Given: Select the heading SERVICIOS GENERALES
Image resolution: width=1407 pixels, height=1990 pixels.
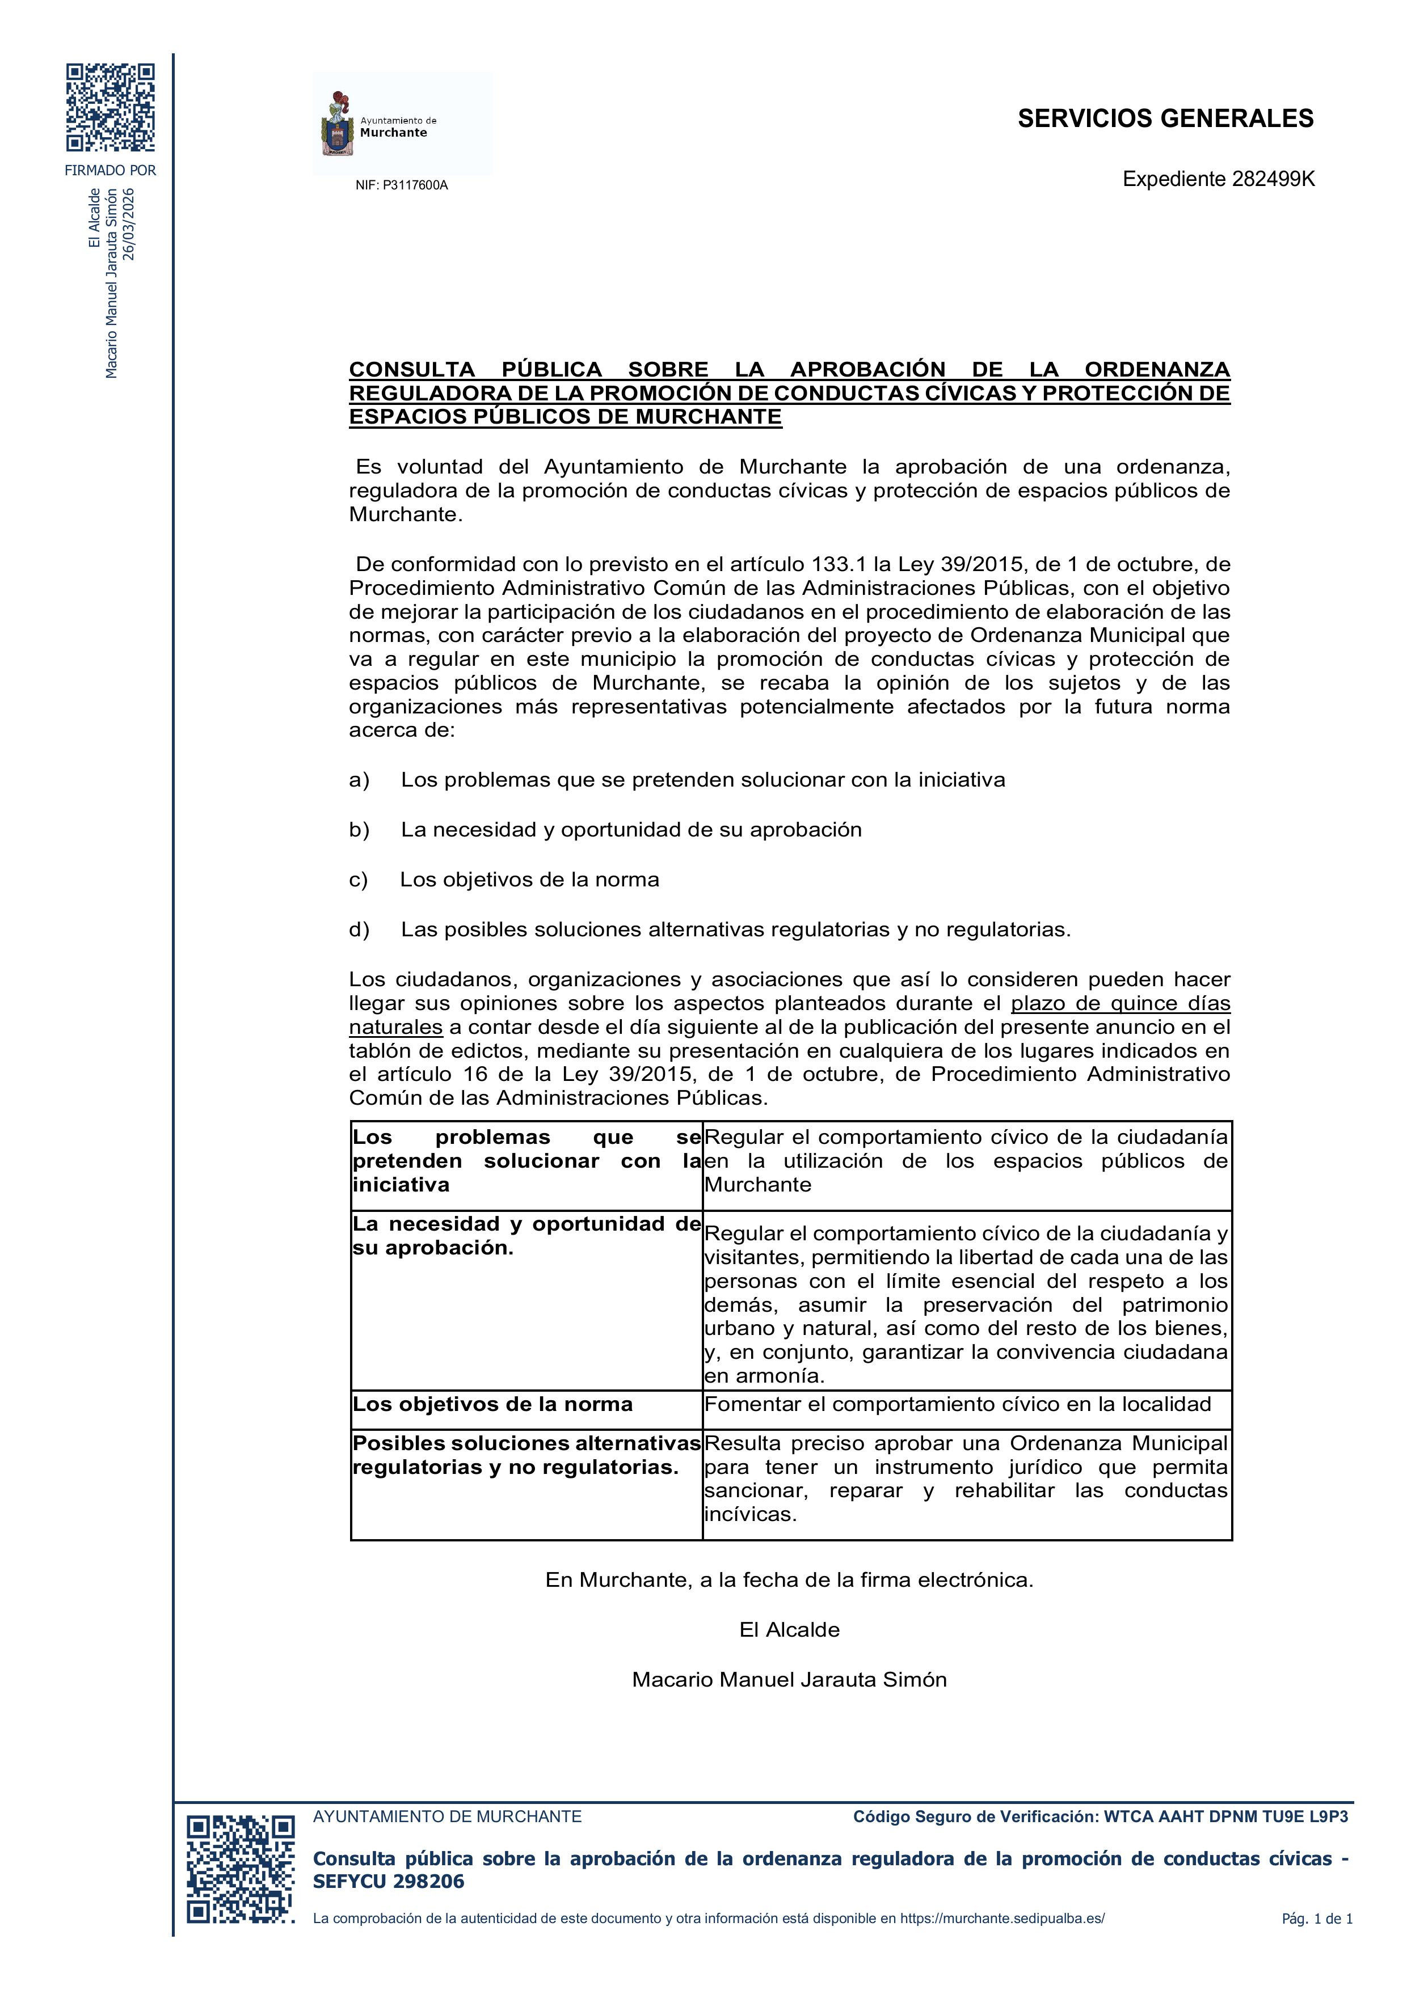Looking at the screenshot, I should point(1165,119).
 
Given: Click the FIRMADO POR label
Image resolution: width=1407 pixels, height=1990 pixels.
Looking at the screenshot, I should point(111,171).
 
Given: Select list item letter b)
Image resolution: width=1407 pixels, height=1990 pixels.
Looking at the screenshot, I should point(359,830).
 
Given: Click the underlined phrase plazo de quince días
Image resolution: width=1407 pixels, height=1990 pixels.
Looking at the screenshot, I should point(1120,1004).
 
